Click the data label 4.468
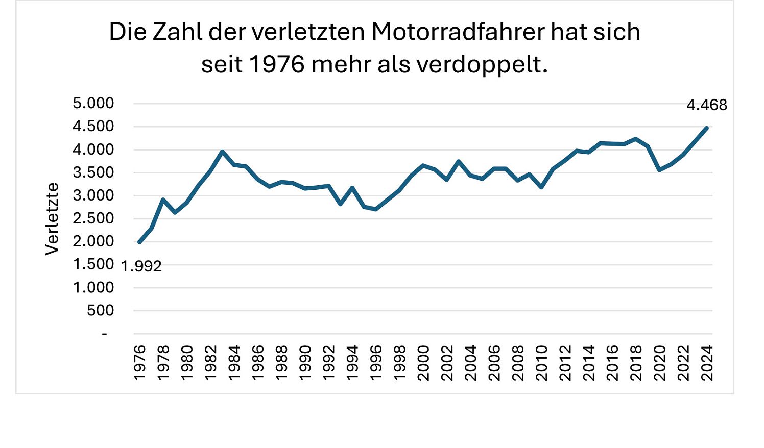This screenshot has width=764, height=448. coord(706,106)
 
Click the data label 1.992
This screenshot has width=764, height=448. coord(141,266)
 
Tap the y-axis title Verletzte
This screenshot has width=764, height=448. coord(52,218)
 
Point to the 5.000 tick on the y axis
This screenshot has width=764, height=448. coord(93,104)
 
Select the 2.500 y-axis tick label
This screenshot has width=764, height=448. coord(93,218)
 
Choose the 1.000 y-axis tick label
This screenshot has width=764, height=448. coord(93,288)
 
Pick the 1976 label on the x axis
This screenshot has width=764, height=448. coord(139,362)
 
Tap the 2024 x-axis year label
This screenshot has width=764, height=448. coord(707,362)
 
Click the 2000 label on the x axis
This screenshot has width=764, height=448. coord(423,362)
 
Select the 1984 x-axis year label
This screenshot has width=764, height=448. coord(234,362)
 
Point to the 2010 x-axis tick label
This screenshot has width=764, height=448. coord(541,362)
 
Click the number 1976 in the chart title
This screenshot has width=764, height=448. coord(277,65)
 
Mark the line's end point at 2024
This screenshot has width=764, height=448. coord(707,128)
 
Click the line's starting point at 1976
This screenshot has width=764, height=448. coord(139,242)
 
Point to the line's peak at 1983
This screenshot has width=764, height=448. coord(222,152)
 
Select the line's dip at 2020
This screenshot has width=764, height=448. coord(660,170)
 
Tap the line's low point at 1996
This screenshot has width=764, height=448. coord(376,209)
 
